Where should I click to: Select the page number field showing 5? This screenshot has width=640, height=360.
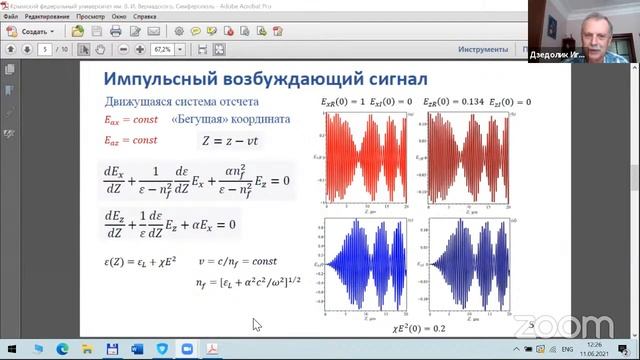(x=46, y=49)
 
